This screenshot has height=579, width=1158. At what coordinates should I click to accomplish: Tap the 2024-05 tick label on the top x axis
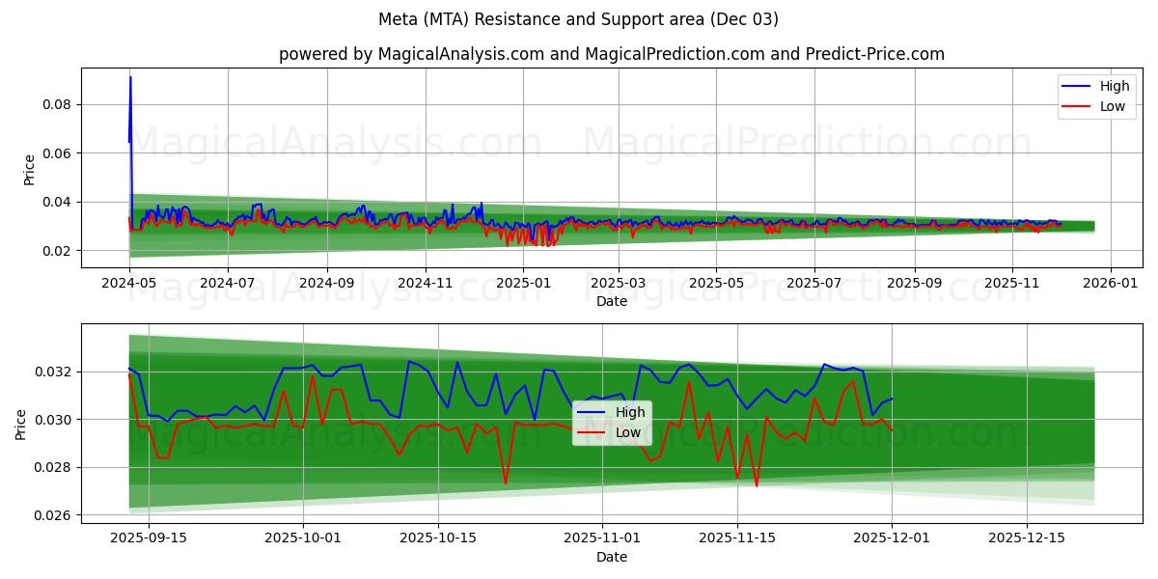point(129,285)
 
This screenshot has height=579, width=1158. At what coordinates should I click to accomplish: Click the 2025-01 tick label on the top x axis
point(522,285)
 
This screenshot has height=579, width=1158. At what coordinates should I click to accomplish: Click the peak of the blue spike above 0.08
point(130,77)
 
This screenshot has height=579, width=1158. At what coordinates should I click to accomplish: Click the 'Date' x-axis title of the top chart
point(611,301)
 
